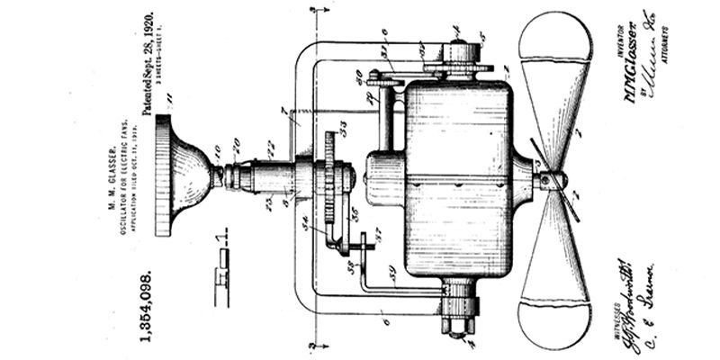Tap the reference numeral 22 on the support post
pos(269,144)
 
